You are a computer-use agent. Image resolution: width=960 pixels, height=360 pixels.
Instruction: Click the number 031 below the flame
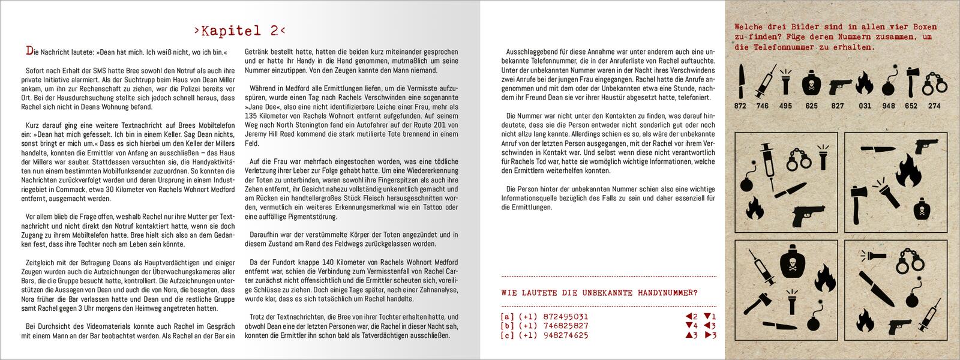[865, 106]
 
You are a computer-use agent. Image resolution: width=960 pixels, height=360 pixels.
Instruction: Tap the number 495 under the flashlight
[787, 106]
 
